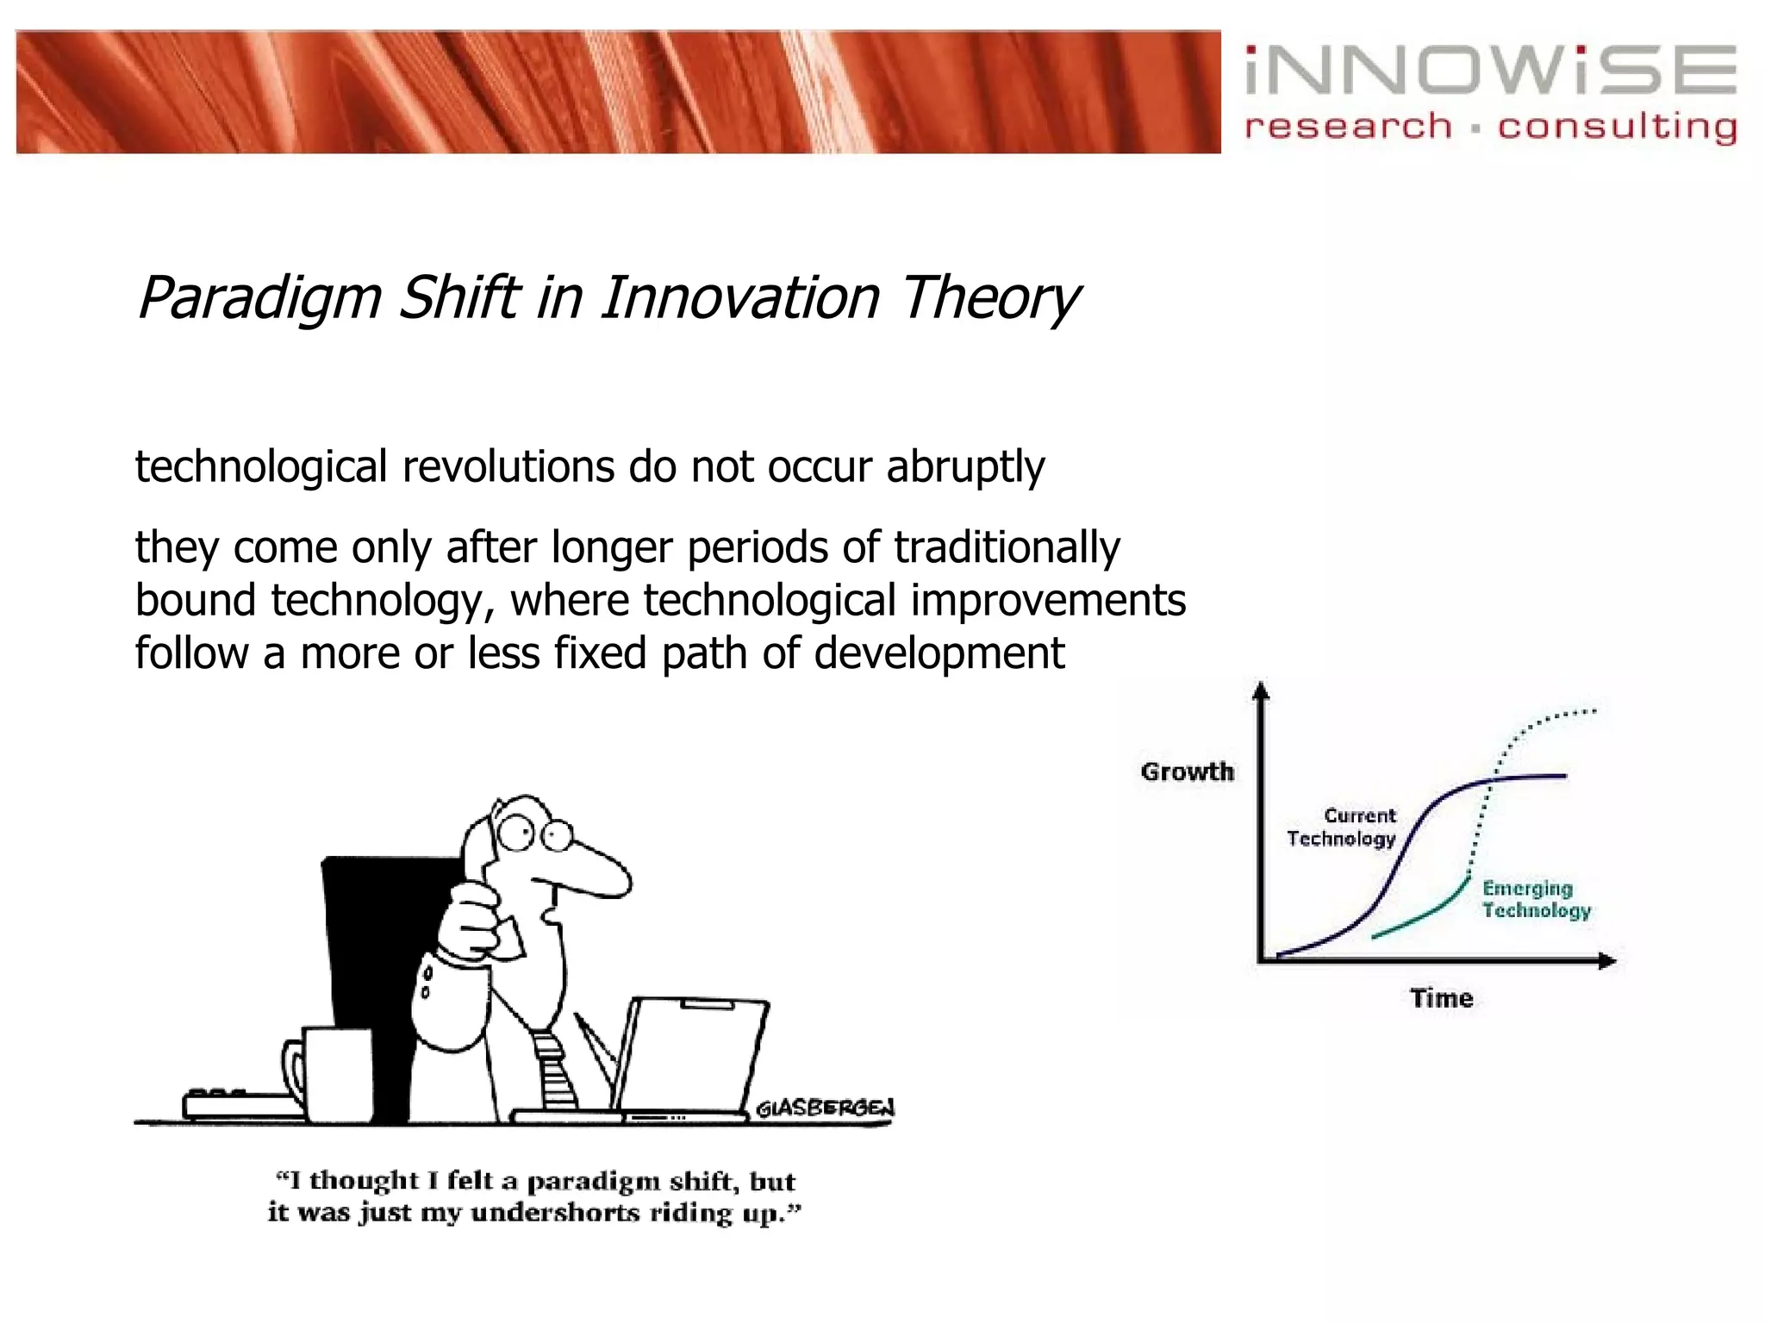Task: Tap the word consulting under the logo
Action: click(1617, 128)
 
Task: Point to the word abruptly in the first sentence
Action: click(965, 468)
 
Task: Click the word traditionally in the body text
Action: click(1007, 548)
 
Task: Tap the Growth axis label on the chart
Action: click(1187, 771)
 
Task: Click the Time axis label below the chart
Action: click(1441, 998)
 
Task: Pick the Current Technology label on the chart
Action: click(1342, 827)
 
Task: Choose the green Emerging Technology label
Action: click(1536, 900)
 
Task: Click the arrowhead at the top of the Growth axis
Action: click(1261, 690)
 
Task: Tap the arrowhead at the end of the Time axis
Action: click(1607, 961)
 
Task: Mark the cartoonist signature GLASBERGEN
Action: click(825, 1109)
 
